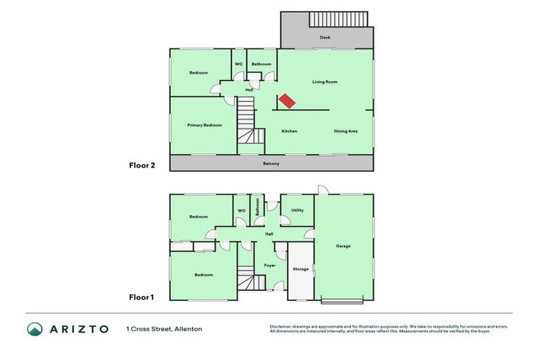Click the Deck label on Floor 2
[x=325, y=37]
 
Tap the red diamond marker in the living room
[x=286, y=101]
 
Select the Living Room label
[x=325, y=82]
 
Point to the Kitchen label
[x=289, y=131]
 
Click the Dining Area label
[x=345, y=131]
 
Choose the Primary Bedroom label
[x=205, y=125]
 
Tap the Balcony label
[x=271, y=164]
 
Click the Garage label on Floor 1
[x=343, y=246]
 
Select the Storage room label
[x=300, y=269]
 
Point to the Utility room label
[x=297, y=210]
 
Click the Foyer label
[x=270, y=265]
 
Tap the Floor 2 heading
[x=141, y=166]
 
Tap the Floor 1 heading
[x=141, y=297]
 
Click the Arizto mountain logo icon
[x=35, y=328]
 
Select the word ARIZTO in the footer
[x=79, y=328]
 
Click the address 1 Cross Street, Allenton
[x=165, y=328]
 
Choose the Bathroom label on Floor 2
[x=262, y=64]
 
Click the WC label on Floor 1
[x=241, y=210]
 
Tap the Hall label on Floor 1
[x=269, y=234]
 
